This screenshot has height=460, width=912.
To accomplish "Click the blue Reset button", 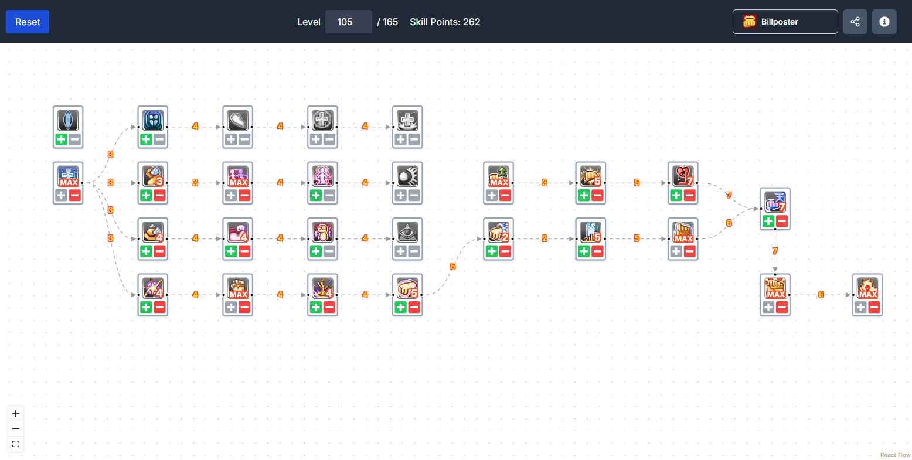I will point(28,22).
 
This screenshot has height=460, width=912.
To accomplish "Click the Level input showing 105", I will point(348,22).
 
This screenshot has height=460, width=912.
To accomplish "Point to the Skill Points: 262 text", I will point(445,22).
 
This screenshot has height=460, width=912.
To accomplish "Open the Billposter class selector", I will point(785,22).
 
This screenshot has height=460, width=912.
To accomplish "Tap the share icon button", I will point(855,22).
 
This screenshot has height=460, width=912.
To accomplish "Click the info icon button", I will point(884,22).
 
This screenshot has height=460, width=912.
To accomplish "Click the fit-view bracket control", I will point(16,444).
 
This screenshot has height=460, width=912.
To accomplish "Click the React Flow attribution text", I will point(895,455).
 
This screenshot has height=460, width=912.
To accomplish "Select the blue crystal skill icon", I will point(68,120).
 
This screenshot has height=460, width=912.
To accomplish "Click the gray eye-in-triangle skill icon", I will point(407,232).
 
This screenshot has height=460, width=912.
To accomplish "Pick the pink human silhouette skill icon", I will point(322,176).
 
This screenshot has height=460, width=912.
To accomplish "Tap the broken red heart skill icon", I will point(683,176).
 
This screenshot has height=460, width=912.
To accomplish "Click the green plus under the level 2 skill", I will point(492,251).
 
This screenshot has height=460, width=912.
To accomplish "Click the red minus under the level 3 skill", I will point(159,196).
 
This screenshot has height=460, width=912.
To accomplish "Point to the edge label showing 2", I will point(545,238).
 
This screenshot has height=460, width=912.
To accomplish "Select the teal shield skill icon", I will point(153,120).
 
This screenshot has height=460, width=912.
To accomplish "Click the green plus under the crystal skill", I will point(61,139).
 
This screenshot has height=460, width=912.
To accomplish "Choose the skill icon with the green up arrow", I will point(499,176).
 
